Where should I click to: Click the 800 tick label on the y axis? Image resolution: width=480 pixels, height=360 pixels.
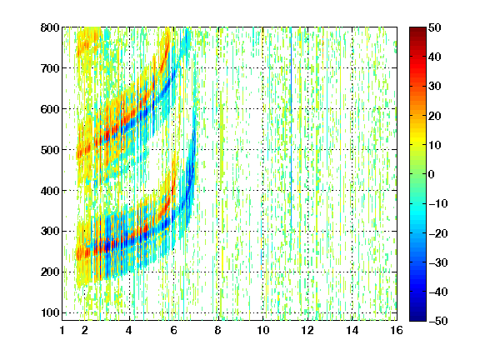pos(50,27)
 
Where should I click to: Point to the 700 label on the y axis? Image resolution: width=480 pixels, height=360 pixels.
pos(50,68)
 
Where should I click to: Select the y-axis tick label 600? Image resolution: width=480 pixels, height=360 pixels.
pos(50,109)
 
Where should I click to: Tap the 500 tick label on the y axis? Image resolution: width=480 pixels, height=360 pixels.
pos(50,150)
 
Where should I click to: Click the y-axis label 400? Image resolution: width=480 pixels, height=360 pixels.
pos(50,191)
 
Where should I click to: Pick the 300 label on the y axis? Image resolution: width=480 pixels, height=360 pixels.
pos(50,232)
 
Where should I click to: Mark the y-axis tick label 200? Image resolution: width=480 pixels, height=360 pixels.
pos(50,272)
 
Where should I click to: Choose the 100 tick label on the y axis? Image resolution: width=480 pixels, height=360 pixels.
pos(50,313)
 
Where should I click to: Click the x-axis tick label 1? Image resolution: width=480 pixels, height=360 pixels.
pos(62,330)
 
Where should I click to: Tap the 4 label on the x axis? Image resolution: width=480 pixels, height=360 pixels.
pos(129,330)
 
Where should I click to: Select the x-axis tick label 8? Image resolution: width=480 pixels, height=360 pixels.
pos(217,330)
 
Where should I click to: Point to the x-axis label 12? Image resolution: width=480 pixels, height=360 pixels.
pos(307,330)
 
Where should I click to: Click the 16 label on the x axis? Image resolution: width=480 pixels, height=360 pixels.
pos(397,330)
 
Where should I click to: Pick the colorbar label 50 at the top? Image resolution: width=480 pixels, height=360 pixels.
pos(434,27)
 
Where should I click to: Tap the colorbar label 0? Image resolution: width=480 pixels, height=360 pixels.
pos(431,174)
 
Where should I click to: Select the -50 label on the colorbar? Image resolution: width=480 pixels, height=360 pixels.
pos(438,321)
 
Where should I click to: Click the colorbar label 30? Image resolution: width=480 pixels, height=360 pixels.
pos(434,87)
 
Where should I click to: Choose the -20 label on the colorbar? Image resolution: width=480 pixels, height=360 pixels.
pos(438,233)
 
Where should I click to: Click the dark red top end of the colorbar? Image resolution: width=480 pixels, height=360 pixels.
pos(417,30)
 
